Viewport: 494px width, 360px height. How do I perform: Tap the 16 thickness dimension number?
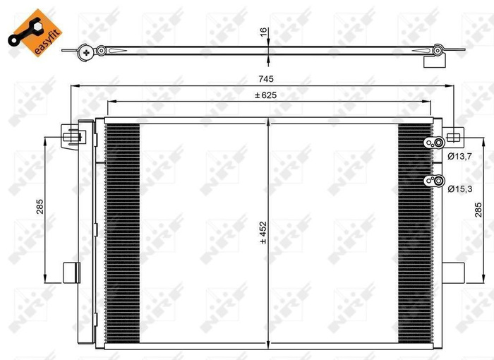tap(263, 32)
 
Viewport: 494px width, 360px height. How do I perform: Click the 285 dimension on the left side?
tap(40, 206)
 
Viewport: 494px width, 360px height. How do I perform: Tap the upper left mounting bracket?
tap(71, 136)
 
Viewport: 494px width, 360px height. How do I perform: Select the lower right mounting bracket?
tap(453, 272)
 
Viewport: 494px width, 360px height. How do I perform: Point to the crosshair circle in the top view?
tap(86, 51)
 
